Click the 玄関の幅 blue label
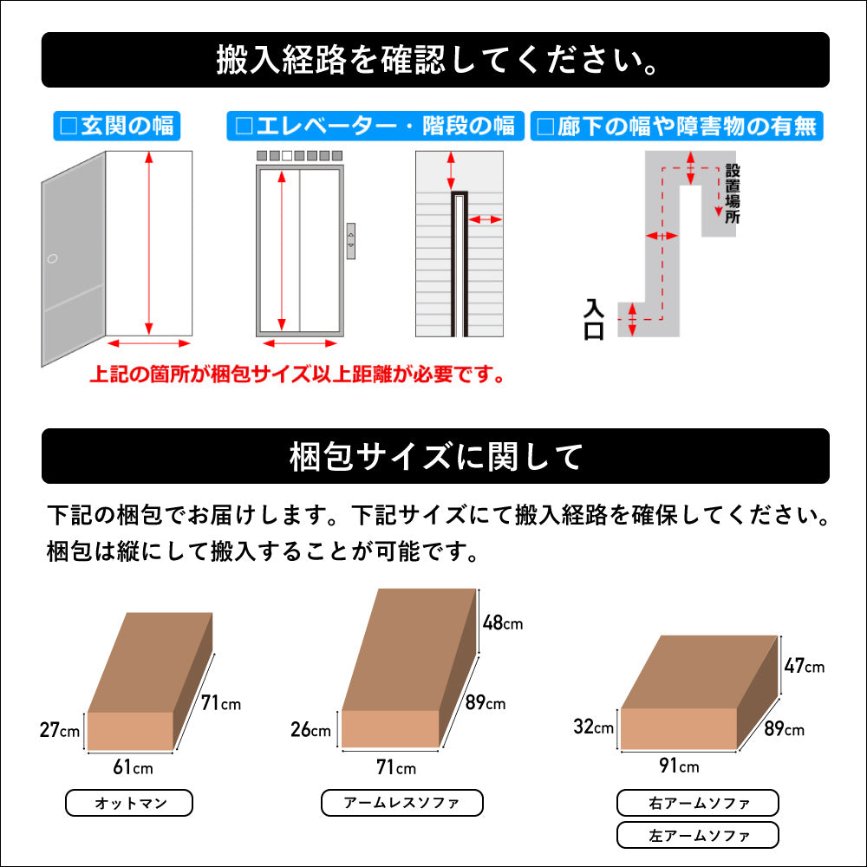click(x=115, y=126)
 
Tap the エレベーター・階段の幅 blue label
click(x=375, y=126)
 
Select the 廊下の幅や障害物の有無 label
click(x=676, y=126)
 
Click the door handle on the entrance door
click(x=53, y=258)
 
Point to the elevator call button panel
click(x=351, y=240)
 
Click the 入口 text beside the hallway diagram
click(x=594, y=320)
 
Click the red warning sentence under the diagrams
click(x=297, y=375)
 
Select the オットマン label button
click(x=129, y=804)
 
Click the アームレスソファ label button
click(x=401, y=804)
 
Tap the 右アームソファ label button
click(x=698, y=804)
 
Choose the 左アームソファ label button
click(x=698, y=835)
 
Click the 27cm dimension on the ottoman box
click(x=59, y=730)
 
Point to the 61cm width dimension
click(x=133, y=767)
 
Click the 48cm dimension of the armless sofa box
click(x=502, y=623)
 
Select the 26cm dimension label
click(x=310, y=730)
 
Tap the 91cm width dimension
click(x=679, y=766)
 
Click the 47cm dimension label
click(x=805, y=666)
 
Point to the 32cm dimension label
click(x=593, y=727)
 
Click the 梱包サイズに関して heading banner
click(x=435, y=456)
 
